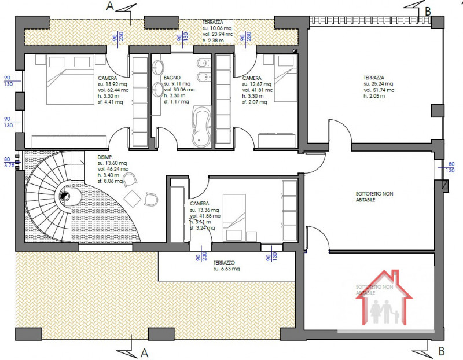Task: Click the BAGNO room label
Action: tap(172, 77)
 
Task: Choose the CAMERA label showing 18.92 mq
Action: tap(108, 78)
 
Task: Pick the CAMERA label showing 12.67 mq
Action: tap(252, 78)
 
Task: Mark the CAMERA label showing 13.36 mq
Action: tap(200, 204)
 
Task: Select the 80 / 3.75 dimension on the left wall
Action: tap(8, 161)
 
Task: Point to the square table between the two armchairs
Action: tap(133, 198)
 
